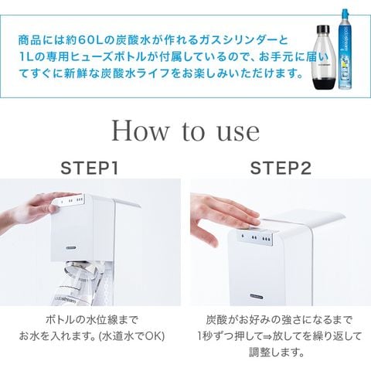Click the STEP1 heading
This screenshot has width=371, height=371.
click(x=90, y=168)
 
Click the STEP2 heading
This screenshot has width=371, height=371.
click(x=281, y=168)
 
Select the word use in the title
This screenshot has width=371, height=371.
click(x=239, y=134)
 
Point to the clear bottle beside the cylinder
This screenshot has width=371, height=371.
click(x=325, y=57)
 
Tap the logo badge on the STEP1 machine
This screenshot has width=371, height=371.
click(x=71, y=247)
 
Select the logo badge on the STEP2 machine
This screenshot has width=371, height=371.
click(x=257, y=297)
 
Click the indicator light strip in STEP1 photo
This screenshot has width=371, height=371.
click(x=70, y=201)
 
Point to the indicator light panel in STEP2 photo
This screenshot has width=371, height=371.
click(x=256, y=237)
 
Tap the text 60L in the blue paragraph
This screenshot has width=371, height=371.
click(x=90, y=40)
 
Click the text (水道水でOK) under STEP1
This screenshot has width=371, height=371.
click(x=132, y=336)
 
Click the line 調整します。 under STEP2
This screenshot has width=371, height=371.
click(x=277, y=352)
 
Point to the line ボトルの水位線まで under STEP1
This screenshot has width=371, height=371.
click(x=92, y=320)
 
